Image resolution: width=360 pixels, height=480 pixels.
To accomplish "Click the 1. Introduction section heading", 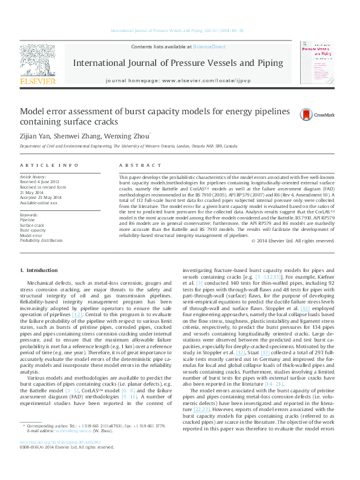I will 39,270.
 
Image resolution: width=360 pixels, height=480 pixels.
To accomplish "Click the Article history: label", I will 33,177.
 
